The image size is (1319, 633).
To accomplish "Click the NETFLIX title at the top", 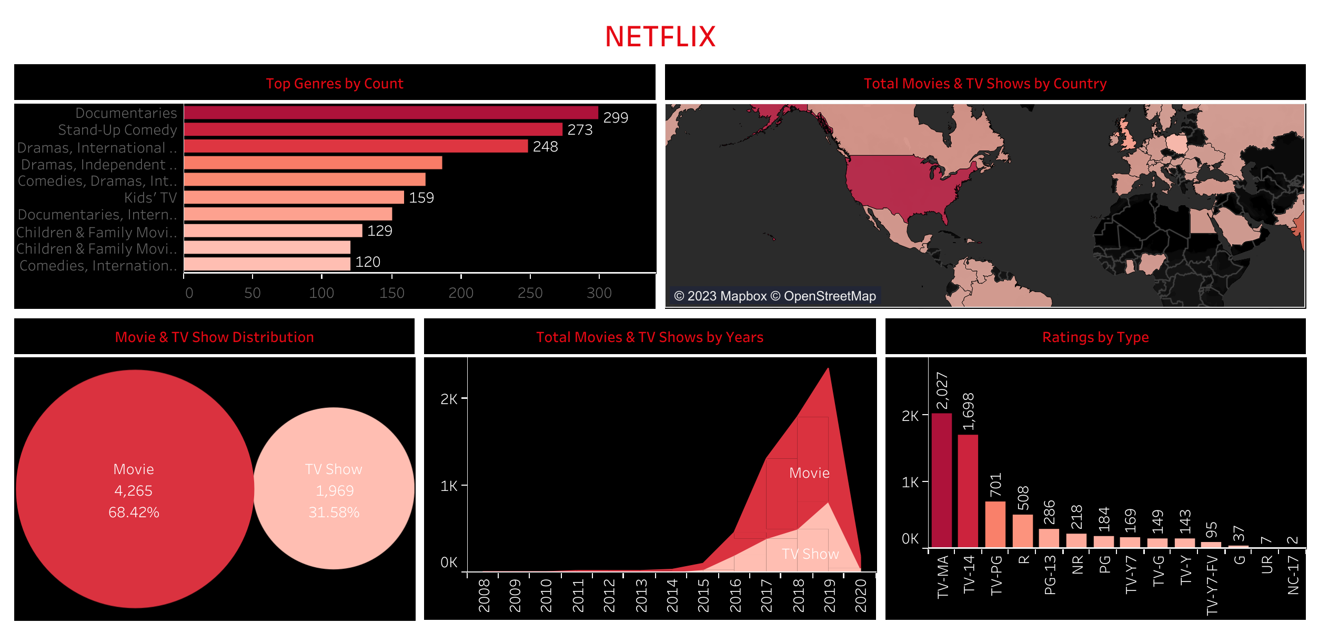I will point(660,37).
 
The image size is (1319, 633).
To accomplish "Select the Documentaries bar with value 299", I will point(390,113).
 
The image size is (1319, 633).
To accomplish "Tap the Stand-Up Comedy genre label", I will point(117,130).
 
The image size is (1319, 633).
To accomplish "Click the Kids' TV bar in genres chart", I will point(294,197).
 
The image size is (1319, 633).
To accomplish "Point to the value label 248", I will point(545,147).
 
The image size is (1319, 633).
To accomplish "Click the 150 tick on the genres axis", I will point(391,293).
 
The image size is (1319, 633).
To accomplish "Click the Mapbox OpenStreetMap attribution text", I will point(774,296).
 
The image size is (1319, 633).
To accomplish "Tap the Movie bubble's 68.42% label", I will point(134,513).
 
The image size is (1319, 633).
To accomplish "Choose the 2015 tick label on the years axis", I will point(703,596).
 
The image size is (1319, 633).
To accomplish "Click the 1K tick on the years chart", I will point(449,486).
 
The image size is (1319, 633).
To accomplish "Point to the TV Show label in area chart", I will point(810,554).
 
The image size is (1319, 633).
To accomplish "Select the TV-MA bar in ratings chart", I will point(941,480).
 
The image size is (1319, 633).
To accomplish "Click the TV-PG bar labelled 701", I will point(995,524).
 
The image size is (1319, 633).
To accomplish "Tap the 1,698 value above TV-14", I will point(968,411).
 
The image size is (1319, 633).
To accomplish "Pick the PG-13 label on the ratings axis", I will point(1050,575).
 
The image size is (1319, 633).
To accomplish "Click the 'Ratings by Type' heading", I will point(1095,337).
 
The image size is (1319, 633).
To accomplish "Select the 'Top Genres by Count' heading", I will point(335,84).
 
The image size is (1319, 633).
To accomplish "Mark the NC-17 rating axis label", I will point(1293,575).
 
